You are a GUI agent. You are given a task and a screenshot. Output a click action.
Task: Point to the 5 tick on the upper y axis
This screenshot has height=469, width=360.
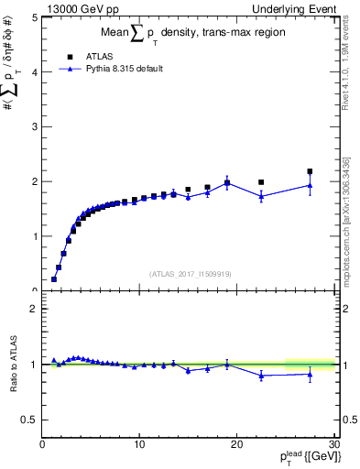pos(36,17)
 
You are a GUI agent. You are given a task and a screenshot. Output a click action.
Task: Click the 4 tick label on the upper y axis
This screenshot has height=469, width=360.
pos(36,71)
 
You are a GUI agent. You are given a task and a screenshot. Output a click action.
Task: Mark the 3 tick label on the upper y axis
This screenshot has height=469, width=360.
pos(36,126)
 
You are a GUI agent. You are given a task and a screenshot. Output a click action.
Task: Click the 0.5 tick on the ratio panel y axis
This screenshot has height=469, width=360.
pos(30,420)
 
